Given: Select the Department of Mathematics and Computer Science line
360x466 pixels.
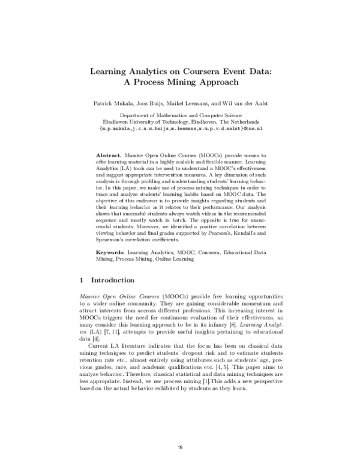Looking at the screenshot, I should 181,114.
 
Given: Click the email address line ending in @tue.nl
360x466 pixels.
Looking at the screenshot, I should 181,127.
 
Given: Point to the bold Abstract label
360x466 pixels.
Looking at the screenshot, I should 109,155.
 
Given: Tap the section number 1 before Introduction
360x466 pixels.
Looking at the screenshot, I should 82,280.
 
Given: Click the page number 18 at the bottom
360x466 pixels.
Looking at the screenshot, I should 181,448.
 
